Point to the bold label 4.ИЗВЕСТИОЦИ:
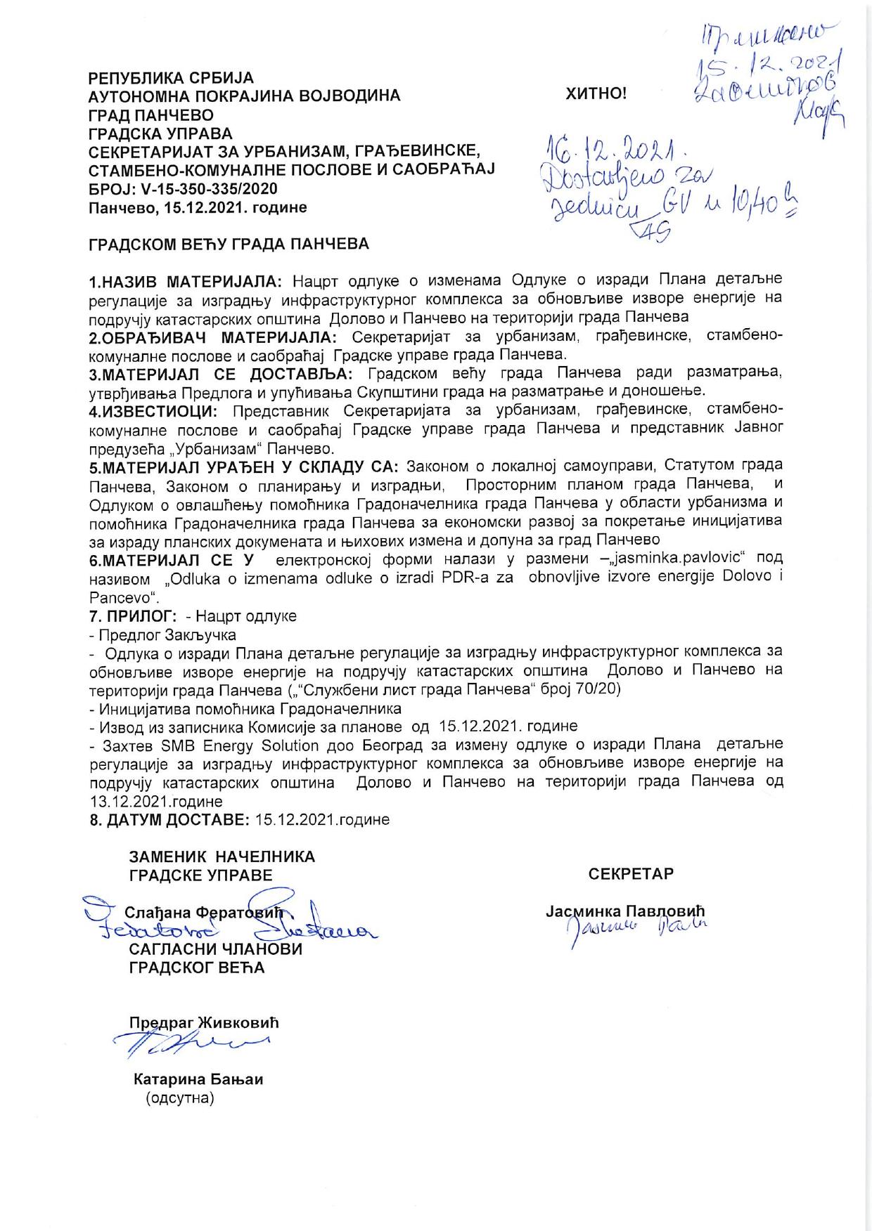pos(154,410)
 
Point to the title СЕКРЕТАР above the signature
pos(631,873)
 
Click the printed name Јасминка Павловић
pos(625,911)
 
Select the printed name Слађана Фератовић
pos(203,913)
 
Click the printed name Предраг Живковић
pos(204,1022)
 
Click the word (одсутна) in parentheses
pos(179,1098)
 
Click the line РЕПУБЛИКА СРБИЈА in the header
pos(171,77)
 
